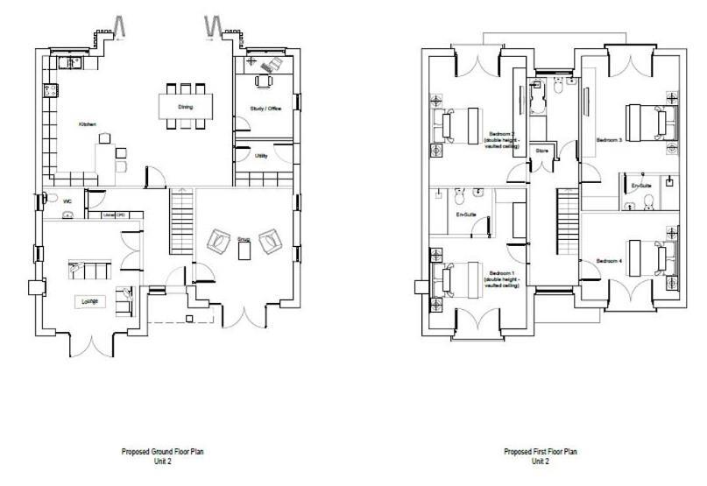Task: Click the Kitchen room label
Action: point(87,125)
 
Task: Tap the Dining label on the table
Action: point(185,108)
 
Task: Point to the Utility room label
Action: point(261,156)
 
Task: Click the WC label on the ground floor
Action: point(67,201)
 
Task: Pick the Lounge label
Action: point(90,301)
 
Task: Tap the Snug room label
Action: point(244,238)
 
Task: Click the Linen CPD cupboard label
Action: point(110,215)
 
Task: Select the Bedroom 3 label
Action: point(609,139)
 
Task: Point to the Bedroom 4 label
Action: point(609,261)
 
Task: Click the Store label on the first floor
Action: point(542,151)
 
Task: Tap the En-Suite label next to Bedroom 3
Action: point(642,187)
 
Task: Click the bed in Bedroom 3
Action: point(649,122)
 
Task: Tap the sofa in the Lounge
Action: point(88,267)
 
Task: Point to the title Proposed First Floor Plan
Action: point(540,452)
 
